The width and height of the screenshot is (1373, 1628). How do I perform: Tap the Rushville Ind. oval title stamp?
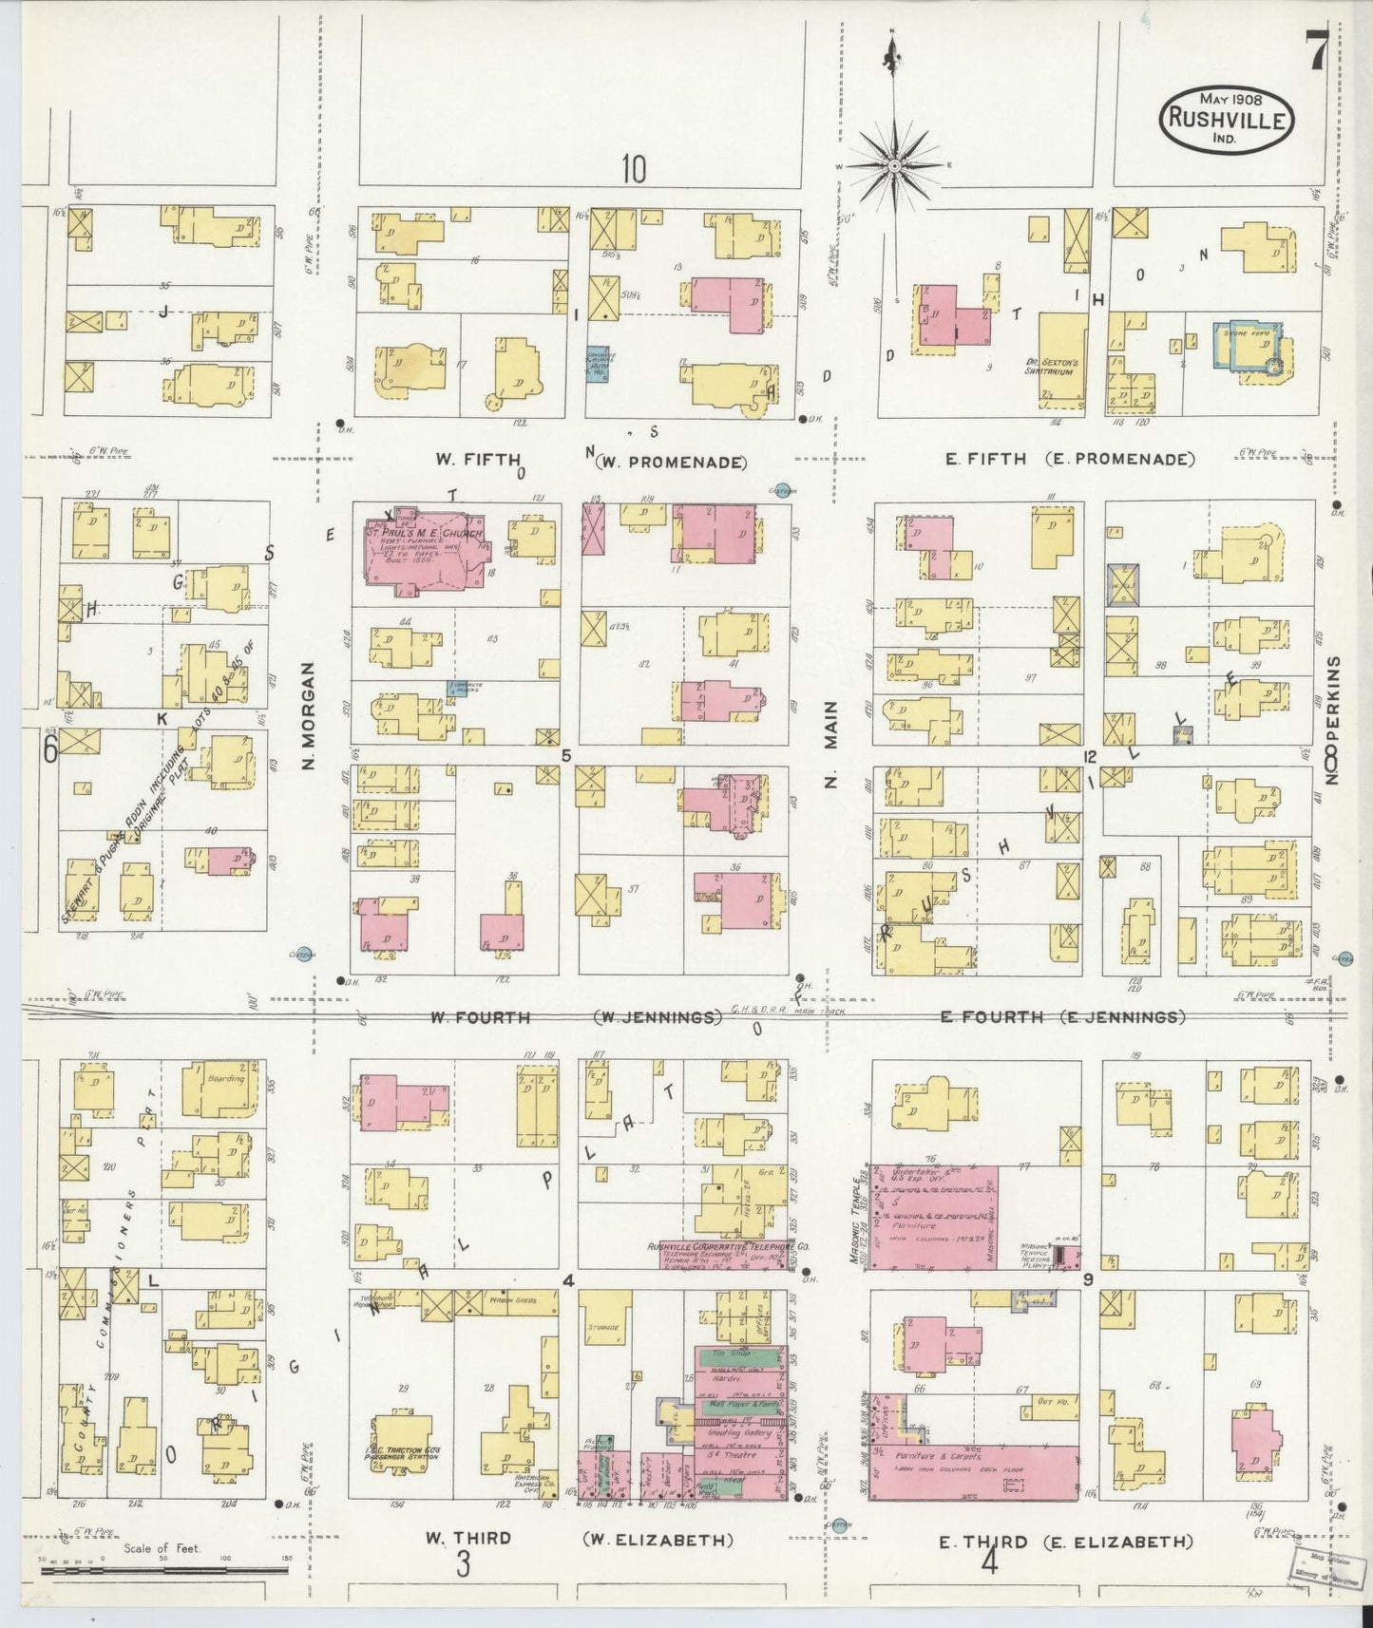(1228, 119)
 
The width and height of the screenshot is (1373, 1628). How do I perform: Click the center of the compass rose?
(894, 166)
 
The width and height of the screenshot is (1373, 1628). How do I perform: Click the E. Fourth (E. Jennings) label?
(1061, 1017)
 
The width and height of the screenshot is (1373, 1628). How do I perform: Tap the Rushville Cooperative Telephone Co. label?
(727, 1246)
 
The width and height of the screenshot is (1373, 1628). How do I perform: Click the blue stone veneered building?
(1249, 348)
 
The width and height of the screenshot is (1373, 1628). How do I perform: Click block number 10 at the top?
(634, 168)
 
